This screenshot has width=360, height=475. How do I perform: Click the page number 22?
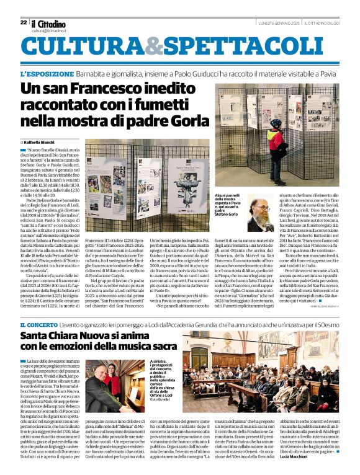pos(23,22)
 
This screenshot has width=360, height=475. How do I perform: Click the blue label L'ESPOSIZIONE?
pos(44,73)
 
